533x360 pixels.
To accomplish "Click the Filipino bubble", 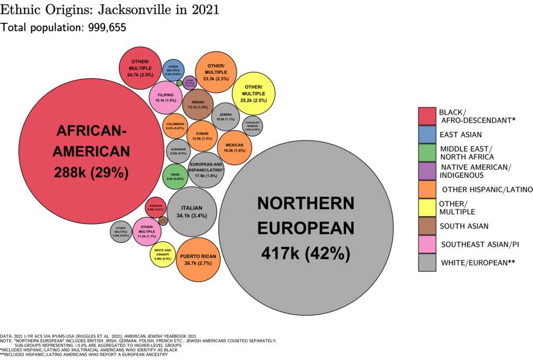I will tap(166, 97).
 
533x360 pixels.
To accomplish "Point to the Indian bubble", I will tap(198, 105).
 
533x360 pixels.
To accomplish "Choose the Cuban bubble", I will tap(202, 136).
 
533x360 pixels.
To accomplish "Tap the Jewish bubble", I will tap(225, 117).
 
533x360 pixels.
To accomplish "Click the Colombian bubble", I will tap(175, 126).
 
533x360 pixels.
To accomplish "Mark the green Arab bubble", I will tap(175, 176).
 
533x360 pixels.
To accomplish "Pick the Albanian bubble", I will tap(179, 152).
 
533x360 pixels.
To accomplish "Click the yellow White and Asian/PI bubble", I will tap(163, 255).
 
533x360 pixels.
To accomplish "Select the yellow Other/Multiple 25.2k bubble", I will tap(253, 93).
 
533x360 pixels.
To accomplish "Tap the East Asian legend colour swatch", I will tap(427, 134).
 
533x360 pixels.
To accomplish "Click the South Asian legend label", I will tap(464, 226).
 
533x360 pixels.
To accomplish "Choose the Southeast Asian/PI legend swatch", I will tap(427, 244).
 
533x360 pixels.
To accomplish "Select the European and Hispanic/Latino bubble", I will tap(207, 170).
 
